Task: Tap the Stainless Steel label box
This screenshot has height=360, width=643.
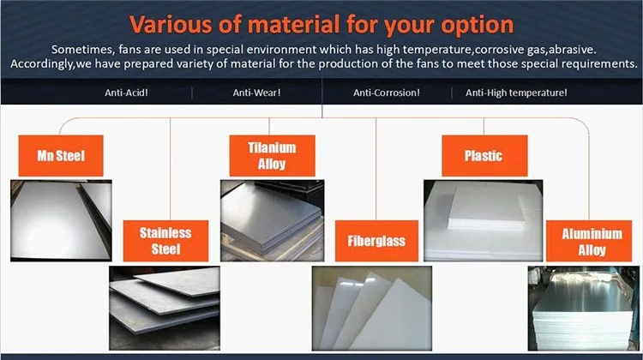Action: [x=165, y=240]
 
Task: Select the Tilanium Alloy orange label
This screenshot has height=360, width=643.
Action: [x=272, y=155]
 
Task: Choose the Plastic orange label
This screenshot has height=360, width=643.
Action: [x=484, y=156]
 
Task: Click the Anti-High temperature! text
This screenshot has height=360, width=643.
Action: [x=516, y=93]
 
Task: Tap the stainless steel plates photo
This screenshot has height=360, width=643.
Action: [x=165, y=304]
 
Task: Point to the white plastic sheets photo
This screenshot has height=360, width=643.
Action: [x=482, y=219]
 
